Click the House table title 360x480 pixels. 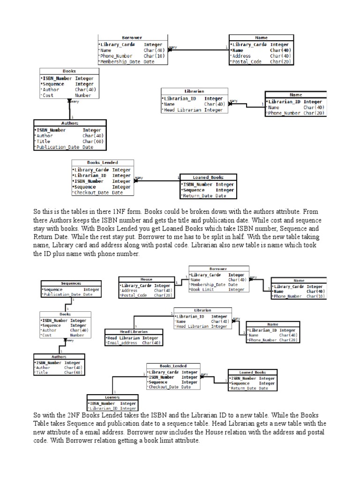coord(146,279)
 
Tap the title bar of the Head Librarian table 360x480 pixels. coord(133,331)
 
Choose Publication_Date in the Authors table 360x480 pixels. coord(58,147)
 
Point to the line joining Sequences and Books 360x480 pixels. coord(67,304)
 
